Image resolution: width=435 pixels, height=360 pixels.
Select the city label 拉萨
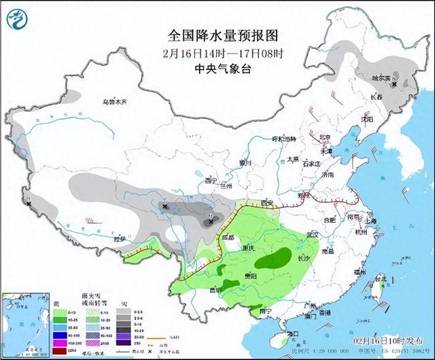[120, 239]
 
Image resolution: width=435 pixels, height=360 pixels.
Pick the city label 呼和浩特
[285, 139]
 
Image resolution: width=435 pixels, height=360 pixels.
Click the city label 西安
[266, 203]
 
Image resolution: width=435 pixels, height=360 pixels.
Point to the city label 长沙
[305, 258]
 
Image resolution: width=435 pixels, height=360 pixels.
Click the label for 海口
[293, 333]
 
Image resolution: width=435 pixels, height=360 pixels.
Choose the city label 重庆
[249, 249]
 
